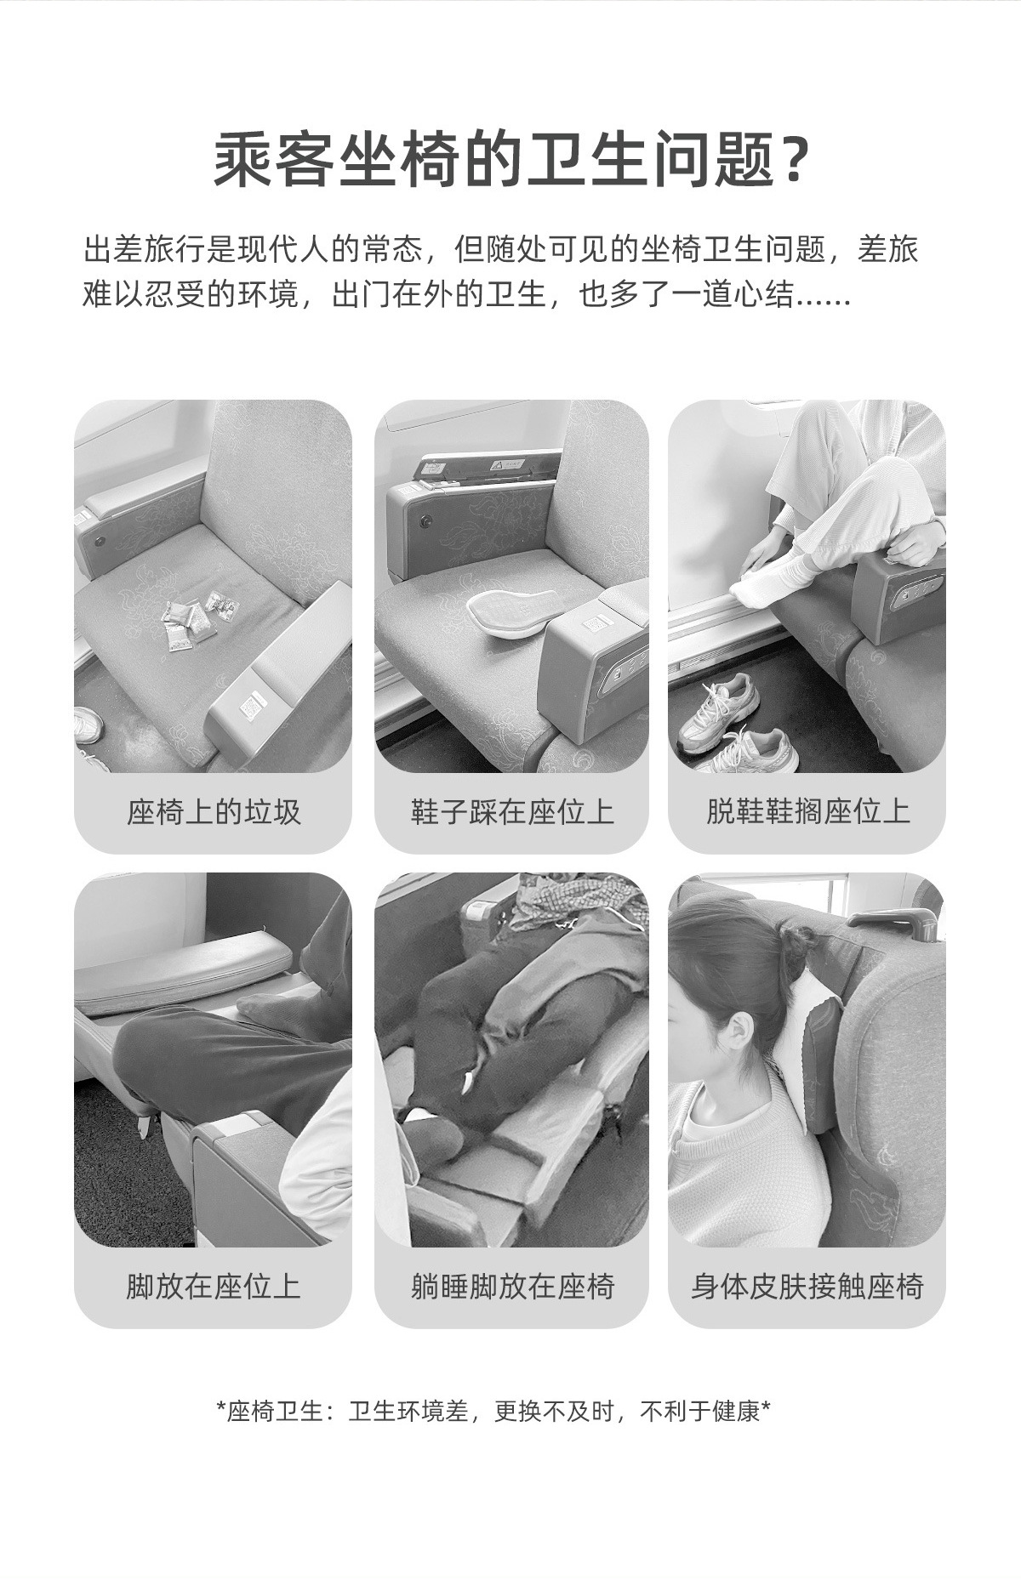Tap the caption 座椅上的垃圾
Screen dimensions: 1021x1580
[214, 811]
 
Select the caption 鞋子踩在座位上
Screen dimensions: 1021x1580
[511, 811]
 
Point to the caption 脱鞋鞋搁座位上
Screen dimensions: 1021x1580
[807, 811]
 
